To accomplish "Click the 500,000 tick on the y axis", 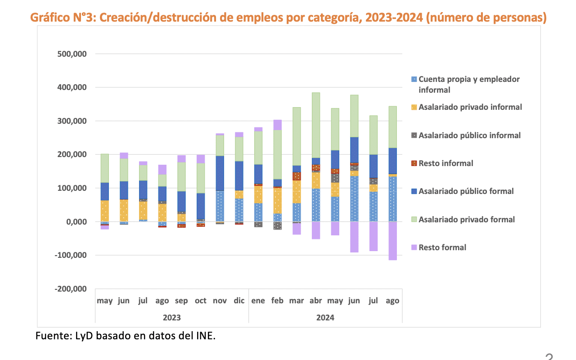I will click(x=72, y=54).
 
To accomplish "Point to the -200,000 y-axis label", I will click(x=71, y=289).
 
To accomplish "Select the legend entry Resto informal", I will click(x=445, y=163).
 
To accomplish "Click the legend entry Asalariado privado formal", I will click(x=467, y=220).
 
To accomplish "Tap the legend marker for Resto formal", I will click(x=414, y=247).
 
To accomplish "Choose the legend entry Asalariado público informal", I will click(x=469, y=135).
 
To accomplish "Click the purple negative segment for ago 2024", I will click(x=392, y=241).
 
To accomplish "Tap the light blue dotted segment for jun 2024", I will click(x=354, y=198).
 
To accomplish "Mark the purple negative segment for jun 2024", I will click(x=354, y=237).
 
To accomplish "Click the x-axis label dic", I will click(x=239, y=301).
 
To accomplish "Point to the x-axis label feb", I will click(x=278, y=301).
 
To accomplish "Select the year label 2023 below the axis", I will click(x=172, y=317).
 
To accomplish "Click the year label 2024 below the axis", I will click(x=325, y=317).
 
